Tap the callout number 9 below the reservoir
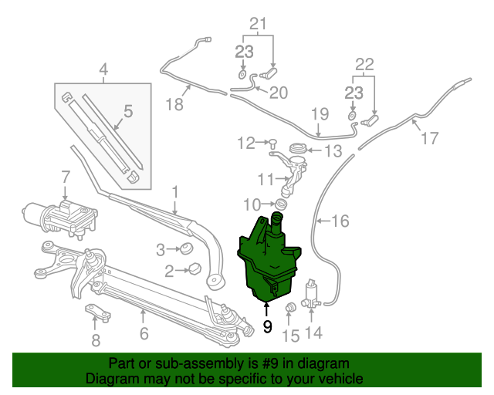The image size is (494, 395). pos(268,326)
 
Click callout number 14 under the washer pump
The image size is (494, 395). pos(313,333)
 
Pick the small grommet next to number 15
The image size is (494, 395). pos(292,309)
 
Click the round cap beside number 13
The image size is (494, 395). pos(296,148)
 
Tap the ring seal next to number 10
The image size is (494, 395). pos(282,204)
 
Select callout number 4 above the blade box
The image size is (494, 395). pos(103,73)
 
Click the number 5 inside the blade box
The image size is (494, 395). pos(128,111)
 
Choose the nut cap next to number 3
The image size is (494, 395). pos(185,249)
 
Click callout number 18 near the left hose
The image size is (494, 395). pos(177,103)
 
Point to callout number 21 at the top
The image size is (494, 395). pos(257,24)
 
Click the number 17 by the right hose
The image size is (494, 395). pos(429,139)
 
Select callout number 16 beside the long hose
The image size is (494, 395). pos(340,221)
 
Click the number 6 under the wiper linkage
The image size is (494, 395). pos(144,334)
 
